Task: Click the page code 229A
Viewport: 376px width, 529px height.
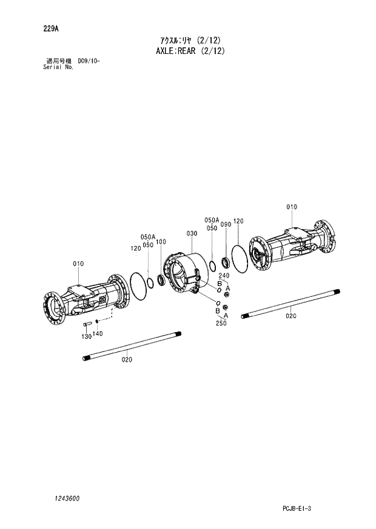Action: click(x=51, y=28)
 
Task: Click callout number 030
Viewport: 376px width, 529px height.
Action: click(x=192, y=233)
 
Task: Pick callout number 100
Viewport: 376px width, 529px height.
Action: click(x=161, y=242)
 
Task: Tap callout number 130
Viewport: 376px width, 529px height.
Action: click(x=86, y=336)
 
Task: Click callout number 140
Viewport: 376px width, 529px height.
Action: click(x=99, y=333)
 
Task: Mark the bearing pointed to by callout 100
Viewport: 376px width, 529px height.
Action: click(x=161, y=279)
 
